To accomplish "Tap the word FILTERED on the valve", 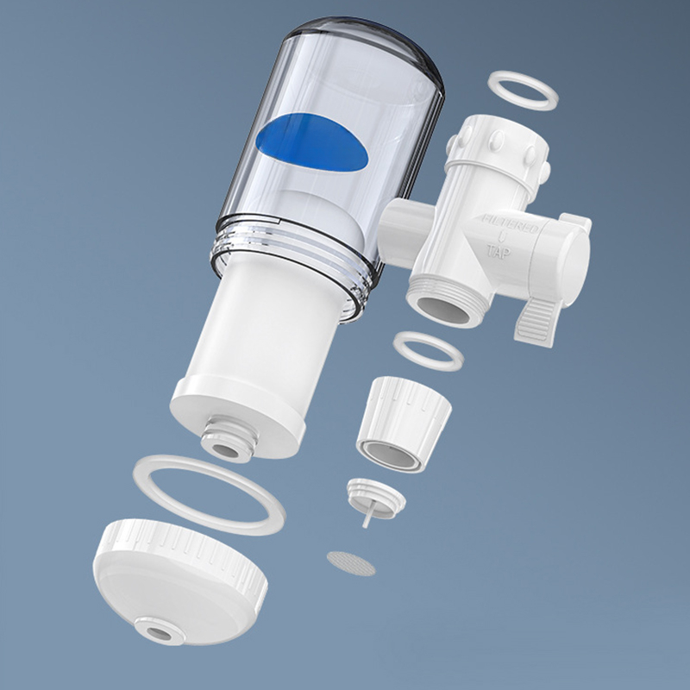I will click(x=511, y=225).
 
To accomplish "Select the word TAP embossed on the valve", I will click(x=498, y=254).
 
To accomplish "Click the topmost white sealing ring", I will click(x=524, y=90).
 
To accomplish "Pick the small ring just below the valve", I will click(x=428, y=350).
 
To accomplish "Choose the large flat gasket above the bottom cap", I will click(x=209, y=494).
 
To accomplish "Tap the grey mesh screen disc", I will click(x=351, y=563).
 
